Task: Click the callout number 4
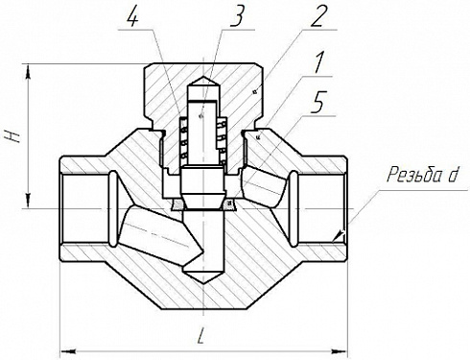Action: point(132,16)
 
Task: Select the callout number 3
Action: point(237,16)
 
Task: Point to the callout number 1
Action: point(317,63)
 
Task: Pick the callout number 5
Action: point(318,102)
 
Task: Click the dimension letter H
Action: point(12,135)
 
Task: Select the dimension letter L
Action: point(201,335)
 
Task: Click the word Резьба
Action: point(413,175)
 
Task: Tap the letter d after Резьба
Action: point(452,175)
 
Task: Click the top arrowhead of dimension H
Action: point(29,70)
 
